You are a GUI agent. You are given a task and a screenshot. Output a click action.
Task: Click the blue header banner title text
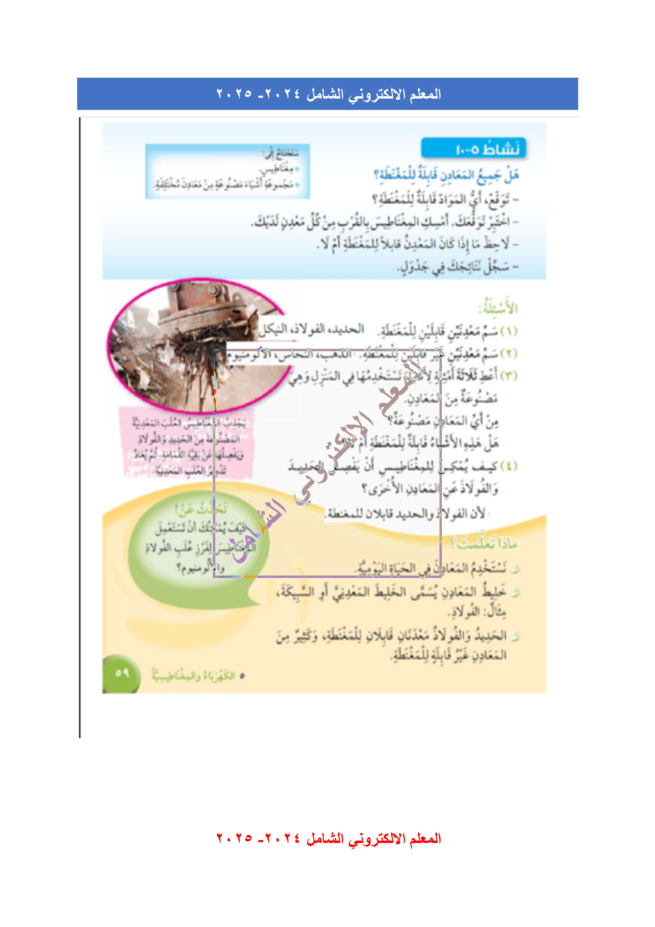pos(329,94)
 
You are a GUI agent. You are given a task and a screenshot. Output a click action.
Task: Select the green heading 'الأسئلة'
pos(498,308)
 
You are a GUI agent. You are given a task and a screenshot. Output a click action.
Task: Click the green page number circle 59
pos(121,673)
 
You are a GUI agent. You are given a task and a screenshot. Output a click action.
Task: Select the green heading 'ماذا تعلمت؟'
pos(484,544)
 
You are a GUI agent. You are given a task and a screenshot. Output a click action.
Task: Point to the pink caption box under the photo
pos(186,446)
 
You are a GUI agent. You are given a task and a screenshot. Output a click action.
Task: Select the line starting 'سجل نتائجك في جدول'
pos(458,266)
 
